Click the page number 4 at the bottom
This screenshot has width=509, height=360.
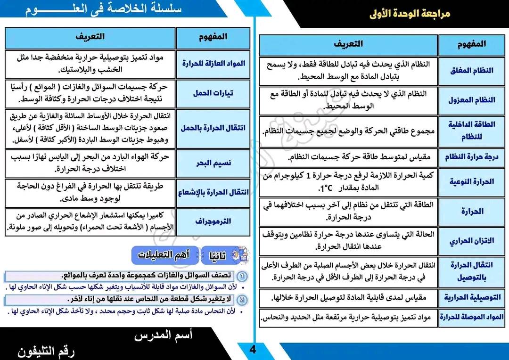253,349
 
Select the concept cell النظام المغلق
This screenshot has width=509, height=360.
471,70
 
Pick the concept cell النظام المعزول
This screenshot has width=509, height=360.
471,100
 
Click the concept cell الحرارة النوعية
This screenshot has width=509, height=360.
471,181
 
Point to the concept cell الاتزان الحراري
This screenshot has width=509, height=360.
471,241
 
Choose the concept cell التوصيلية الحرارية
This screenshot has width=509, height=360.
471,297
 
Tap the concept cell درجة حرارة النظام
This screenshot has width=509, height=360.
471,157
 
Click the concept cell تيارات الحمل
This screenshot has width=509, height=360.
213,93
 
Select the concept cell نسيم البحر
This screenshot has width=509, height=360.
213,163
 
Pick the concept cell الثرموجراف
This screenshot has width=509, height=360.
213,221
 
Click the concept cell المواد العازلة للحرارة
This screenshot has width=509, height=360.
213,63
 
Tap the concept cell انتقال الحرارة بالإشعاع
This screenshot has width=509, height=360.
213,192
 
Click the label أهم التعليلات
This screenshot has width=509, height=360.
163,255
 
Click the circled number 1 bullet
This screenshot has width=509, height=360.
242,276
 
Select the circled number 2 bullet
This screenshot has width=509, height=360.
242,300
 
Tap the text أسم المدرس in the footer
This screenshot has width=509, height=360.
163,335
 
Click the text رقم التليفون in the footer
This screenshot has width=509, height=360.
46,351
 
